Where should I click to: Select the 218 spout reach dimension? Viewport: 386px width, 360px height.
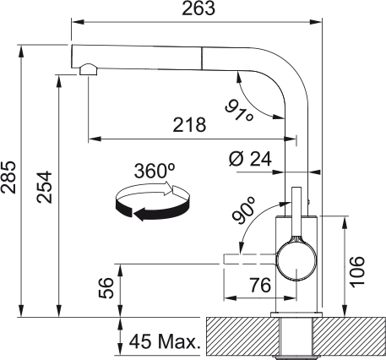point(189,125)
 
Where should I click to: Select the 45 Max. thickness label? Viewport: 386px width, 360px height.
point(164,343)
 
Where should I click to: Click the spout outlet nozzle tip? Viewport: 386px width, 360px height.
point(87,70)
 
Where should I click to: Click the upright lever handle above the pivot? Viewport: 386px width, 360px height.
point(297,211)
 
